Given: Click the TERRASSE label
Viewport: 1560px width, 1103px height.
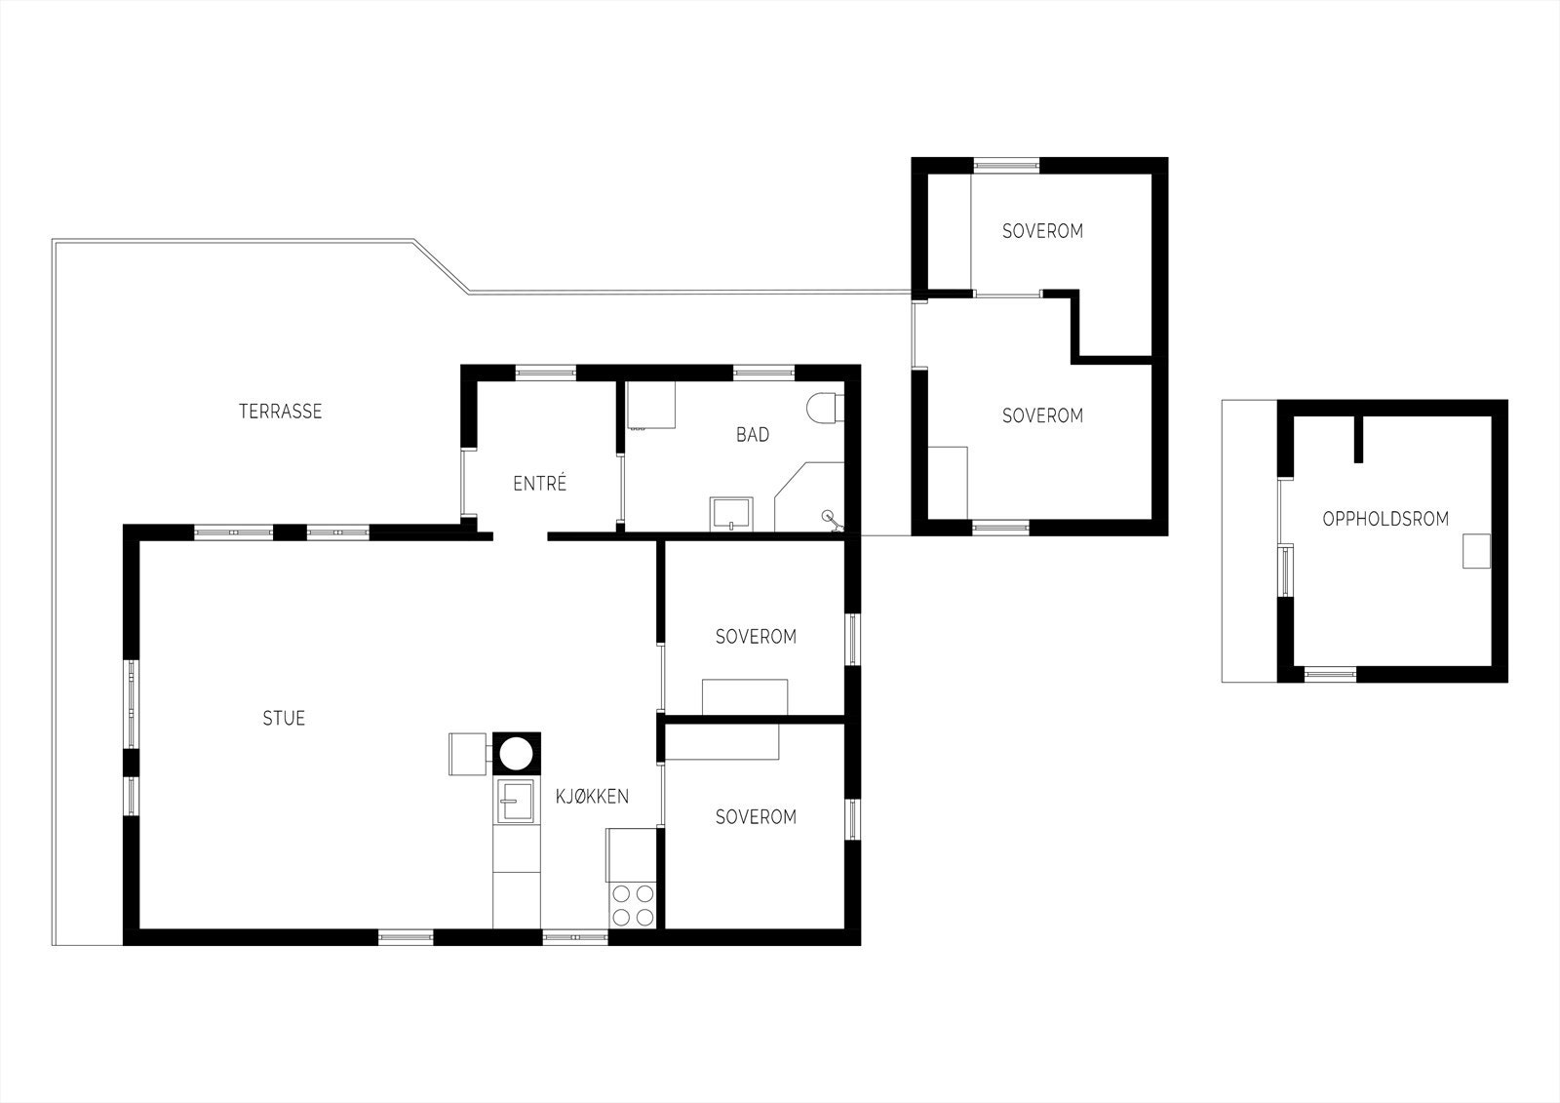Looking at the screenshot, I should tap(280, 412).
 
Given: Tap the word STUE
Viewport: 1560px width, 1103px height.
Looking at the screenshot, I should tap(284, 719).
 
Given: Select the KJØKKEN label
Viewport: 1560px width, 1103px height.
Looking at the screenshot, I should tap(592, 797).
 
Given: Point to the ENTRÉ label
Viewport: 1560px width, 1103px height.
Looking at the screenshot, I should tap(539, 483).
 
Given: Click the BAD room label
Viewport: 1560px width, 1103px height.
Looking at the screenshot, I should tap(752, 435).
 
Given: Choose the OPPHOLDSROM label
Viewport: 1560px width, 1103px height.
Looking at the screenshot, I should tap(1384, 519).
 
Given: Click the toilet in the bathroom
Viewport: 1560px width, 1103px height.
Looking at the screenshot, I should tap(825, 408).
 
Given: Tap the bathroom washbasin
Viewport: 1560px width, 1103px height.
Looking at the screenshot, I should tap(731, 512).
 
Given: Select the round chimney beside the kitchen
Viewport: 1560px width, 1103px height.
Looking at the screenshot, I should tap(516, 754).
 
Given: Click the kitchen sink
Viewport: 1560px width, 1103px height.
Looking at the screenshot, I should tap(516, 802).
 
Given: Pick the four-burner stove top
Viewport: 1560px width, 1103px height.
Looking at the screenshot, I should tap(632, 905).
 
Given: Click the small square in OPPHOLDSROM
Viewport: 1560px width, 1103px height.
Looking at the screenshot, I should tap(1475, 551).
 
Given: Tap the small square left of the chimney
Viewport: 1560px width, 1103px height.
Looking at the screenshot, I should tap(466, 754).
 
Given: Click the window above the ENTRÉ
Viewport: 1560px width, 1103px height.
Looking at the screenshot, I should tap(545, 371).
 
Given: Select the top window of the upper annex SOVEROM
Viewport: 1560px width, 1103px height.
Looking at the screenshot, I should tap(1007, 165).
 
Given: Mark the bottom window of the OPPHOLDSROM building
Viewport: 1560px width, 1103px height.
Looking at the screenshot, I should tap(1330, 673).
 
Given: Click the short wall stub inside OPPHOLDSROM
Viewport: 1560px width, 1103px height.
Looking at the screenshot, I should tap(1357, 439).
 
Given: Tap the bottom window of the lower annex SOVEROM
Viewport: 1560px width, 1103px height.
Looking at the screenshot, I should tap(1000, 528).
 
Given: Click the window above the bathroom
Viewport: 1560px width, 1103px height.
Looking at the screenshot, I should tap(763, 371).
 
